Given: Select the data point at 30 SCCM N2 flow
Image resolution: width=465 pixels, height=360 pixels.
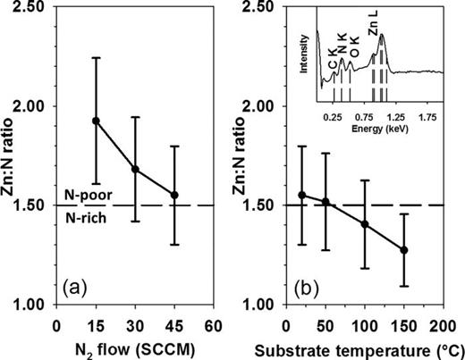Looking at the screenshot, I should point(135,169).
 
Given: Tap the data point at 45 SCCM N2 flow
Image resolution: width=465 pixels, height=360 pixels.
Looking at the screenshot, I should point(174,195).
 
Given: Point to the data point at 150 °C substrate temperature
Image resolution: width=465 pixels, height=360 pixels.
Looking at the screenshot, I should point(403,250).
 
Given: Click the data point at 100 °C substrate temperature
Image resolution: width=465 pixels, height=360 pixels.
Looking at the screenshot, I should point(364,224).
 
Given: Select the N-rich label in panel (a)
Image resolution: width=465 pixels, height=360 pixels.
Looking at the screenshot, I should point(85,215).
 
